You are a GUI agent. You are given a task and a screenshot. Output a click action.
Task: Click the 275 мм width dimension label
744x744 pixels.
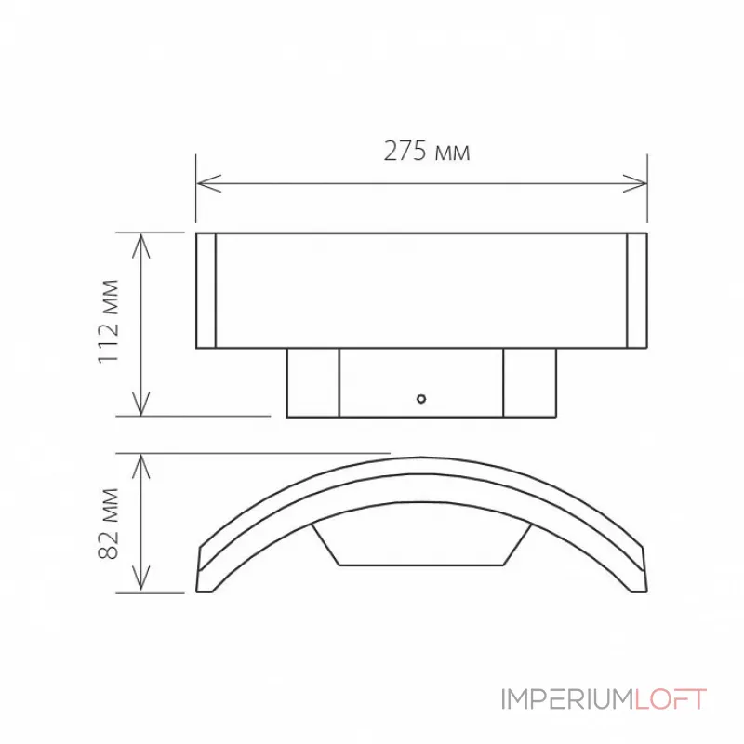click(x=426, y=152)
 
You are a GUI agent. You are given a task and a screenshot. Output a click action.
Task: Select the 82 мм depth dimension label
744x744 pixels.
click(x=110, y=522)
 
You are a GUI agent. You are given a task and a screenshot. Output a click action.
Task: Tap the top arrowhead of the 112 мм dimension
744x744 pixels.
click(x=140, y=241)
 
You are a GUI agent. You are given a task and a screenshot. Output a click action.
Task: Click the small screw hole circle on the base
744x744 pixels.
click(x=421, y=399)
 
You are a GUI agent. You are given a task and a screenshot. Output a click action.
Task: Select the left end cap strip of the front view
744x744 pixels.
click(x=206, y=290)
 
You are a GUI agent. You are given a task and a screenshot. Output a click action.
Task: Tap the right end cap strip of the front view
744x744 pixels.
click(x=637, y=290)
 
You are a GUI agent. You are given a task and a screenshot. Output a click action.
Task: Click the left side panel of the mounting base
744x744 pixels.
click(x=312, y=382)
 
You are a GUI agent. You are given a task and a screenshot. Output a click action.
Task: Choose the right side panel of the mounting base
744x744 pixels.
click(x=530, y=382)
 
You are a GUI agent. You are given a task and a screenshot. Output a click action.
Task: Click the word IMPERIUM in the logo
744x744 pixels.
click(x=567, y=699)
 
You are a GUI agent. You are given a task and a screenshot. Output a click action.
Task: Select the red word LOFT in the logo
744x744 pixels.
click(x=671, y=699)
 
